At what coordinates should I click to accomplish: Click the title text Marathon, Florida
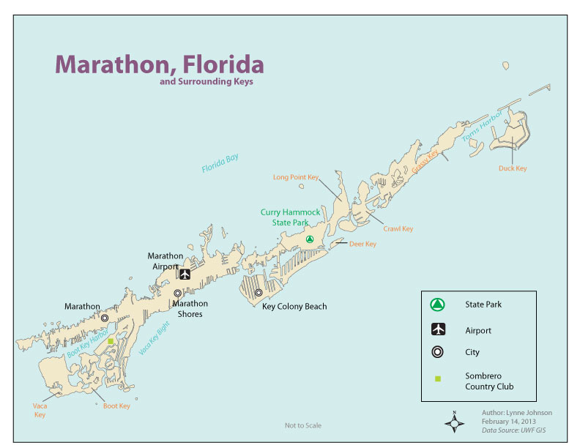(x=159, y=64)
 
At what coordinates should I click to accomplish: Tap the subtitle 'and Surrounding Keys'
(x=206, y=83)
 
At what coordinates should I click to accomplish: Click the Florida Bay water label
(x=220, y=164)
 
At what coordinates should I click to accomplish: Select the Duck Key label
(x=512, y=168)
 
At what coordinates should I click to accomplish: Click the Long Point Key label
(x=296, y=177)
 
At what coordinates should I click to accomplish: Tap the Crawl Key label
(x=398, y=229)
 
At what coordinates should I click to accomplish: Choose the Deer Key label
(x=362, y=244)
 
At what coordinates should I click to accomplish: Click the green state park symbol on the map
(x=310, y=239)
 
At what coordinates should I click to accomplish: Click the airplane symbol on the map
(x=184, y=275)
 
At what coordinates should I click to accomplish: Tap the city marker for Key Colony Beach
(x=259, y=293)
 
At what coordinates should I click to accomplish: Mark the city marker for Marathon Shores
(x=177, y=293)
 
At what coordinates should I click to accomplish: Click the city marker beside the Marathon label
(x=105, y=318)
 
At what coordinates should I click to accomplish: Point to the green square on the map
(x=111, y=341)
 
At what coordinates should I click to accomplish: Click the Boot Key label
(x=116, y=406)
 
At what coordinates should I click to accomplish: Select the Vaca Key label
(x=40, y=410)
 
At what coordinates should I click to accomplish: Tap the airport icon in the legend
(x=436, y=330)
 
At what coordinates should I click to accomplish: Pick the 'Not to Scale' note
(x=301, y=425)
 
